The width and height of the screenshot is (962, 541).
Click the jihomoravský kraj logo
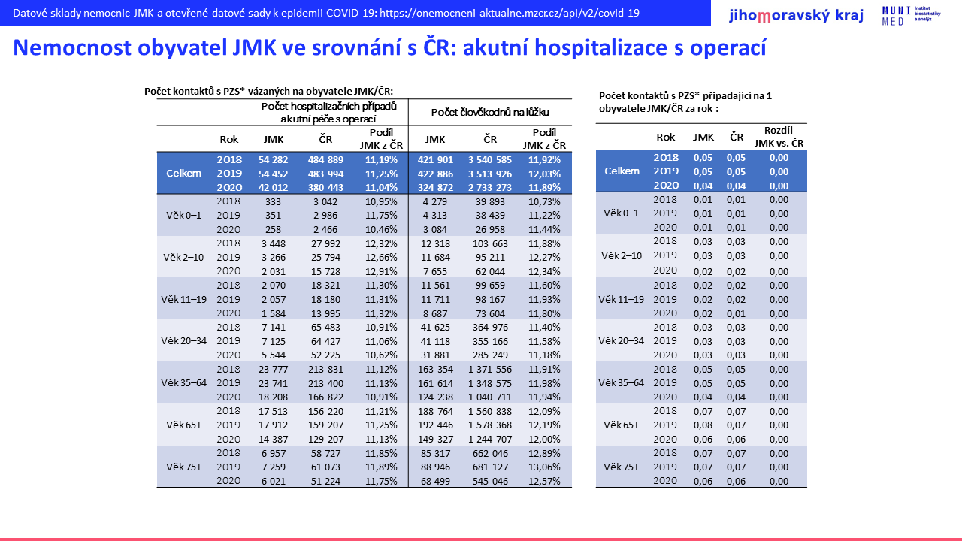(796, 16)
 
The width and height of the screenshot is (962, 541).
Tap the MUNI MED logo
(911, 16)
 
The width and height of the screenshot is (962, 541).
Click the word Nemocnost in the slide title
(72, 47)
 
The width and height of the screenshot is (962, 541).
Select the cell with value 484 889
(325, 160)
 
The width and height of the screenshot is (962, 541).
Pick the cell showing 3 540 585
(489, 160)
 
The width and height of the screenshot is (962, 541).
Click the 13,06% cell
(544, 467)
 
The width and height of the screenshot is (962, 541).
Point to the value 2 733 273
(489, 188)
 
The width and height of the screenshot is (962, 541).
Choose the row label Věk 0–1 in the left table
(184, 215)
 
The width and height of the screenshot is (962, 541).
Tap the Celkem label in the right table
(622, 171)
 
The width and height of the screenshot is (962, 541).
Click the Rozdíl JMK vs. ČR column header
(779, 137)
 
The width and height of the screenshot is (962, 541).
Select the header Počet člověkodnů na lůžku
(490, 112)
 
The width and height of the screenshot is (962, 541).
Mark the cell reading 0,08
(703, 425)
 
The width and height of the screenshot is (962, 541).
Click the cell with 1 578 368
(489, 425)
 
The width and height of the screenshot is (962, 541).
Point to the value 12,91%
(381, 271)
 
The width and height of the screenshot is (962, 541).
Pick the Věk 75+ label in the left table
(184, 467)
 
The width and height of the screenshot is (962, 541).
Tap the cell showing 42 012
(273, 188)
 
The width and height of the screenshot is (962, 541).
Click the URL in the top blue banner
(510, 13)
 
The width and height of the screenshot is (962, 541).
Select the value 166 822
(325, 397)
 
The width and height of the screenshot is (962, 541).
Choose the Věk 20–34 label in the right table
(621, 341)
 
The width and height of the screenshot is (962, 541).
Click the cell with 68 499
(435, 482)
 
